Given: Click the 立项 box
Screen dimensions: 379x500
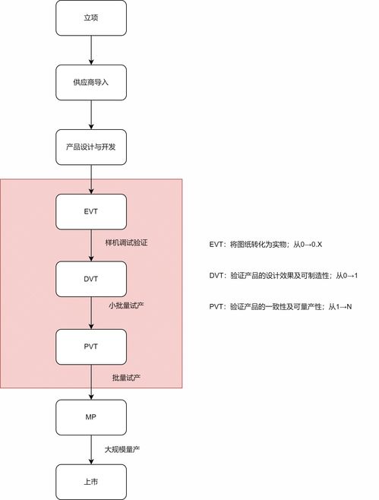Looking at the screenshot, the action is pos(91,18).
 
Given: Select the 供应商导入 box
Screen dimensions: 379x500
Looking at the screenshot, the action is pos(91,82).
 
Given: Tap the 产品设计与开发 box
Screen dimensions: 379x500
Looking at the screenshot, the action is pos(91,147).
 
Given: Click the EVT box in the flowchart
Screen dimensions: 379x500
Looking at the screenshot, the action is pos(91,212).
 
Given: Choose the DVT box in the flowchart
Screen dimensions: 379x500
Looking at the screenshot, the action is pos(91,279).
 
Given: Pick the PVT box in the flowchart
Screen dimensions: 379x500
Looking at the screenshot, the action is pos(91,347).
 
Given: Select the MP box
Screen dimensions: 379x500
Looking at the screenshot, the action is pos(91,417).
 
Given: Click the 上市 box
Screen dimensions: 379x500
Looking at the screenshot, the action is pos(91,482).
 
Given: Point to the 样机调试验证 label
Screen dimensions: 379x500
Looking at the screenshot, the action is pos(127,242).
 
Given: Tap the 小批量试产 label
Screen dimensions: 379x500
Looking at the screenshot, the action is pos(127,305).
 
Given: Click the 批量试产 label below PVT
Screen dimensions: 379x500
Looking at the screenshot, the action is pos(127,378).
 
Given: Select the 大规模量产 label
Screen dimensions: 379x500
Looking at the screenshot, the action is pos(122,450).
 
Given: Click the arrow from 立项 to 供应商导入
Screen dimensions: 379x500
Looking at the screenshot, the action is pos(91,50).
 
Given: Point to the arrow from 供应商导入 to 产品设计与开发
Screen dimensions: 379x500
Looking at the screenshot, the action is pos(91,115).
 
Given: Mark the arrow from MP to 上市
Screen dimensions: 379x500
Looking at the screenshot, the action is pos(91,450).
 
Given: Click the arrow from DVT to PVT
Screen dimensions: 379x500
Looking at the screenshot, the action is pos(91,313).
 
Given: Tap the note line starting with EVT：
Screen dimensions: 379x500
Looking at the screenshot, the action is pos(266,245).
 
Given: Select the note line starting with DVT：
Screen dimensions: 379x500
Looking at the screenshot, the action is pos(283,276).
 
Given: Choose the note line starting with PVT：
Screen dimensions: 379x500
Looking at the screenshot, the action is pos(280,307).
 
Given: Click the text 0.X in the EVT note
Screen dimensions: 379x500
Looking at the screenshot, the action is pos(317,245).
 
